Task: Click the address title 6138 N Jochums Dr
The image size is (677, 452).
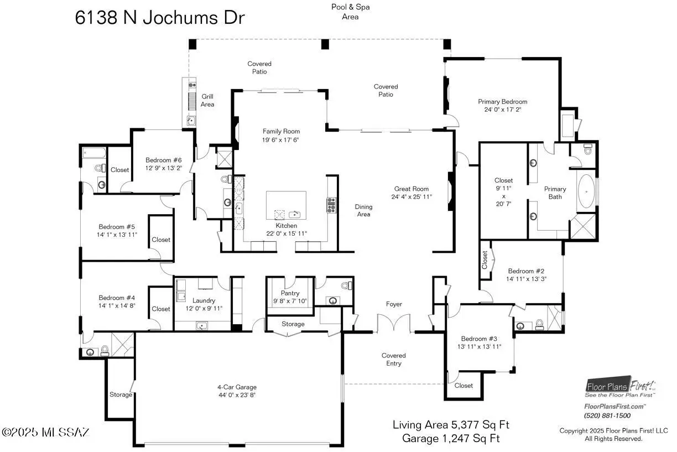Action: [160, 18]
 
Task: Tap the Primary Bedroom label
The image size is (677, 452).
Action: [503, 102]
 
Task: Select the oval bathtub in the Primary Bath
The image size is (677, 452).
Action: [586, 191]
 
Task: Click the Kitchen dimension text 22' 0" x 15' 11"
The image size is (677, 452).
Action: [287, 233]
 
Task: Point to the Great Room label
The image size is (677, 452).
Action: [412, 189]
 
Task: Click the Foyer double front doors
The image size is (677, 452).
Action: [394, 323]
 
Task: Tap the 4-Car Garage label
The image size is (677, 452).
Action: [237, 387]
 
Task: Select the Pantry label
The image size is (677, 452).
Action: [290, 293]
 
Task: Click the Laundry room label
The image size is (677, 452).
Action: [204, 300]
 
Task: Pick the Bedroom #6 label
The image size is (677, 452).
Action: [164, 160]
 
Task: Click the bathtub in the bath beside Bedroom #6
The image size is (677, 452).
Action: [94, 153]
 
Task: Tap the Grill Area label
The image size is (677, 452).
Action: [207, 100]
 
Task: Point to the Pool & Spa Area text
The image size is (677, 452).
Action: [350, 12]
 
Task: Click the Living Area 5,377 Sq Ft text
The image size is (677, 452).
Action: [451, 425]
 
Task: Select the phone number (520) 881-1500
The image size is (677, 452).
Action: [607, 415]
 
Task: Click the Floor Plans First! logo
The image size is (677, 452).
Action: [620, 387]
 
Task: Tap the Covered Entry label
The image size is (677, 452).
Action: [393, 360]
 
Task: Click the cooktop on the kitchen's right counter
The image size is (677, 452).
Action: [331, 205]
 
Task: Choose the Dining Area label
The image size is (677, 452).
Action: [363, 210]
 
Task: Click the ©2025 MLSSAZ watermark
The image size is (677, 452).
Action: [46, 432]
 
